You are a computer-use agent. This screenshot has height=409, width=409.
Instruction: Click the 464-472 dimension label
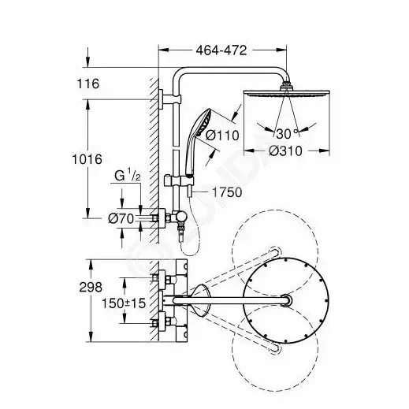coord(221,50)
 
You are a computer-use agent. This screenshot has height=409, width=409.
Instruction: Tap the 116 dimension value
coord(88,84)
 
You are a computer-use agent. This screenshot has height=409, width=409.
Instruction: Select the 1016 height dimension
coord(87,159)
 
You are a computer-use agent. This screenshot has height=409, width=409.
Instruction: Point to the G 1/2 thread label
coord(128,176)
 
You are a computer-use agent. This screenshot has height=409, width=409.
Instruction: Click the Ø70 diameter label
coord(121,218)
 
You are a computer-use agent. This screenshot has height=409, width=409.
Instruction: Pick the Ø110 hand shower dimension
coord(222,136)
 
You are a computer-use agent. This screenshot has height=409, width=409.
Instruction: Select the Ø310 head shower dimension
coord(285,151)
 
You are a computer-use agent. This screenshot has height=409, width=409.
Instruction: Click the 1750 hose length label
coord(227,192)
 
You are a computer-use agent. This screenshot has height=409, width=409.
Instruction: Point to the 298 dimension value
coord(91,287)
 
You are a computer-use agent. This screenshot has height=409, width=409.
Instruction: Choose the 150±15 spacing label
coord(124,303)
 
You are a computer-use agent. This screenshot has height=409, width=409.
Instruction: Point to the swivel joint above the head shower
coord(286,85)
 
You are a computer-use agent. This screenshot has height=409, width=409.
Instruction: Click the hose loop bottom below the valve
coord(188,255)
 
